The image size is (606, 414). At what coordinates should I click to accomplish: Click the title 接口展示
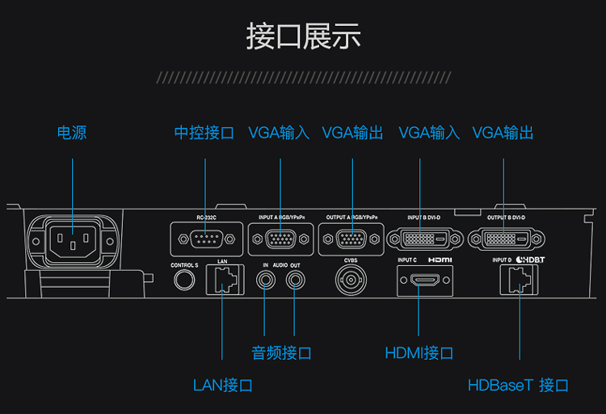pyautogui.click(x=303, y=37)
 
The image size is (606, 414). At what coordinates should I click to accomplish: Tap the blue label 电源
pyautogui.click(x=71, y=133)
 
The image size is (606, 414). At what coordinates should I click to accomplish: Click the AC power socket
pyautogui.click(x=73, y=240)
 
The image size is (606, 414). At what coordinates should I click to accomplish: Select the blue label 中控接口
pyautogui.click(x=204, y=133)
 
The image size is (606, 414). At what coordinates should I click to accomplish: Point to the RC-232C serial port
pyautogui.click(x=205, y=239)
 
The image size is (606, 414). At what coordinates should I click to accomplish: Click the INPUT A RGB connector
pyautogui.click(x=280, y=239)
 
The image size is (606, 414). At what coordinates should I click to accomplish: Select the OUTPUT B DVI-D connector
pyautogui.click(x=505, y=239)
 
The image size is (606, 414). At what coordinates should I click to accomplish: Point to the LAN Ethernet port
pyautogui.click(x=222, y=280)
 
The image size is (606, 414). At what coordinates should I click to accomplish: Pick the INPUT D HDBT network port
pyautogui.click(x=518, y=281)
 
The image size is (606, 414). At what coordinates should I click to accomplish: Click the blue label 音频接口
pyautogui.click(x=281, y=353)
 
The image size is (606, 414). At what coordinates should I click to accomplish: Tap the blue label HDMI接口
pyautogui.click(x=419, y=353)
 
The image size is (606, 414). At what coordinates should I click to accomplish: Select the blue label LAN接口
pyautogui.click(x=223, y=385)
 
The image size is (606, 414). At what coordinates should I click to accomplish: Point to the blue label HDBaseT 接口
pyautogui.click(x=519, y=385)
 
